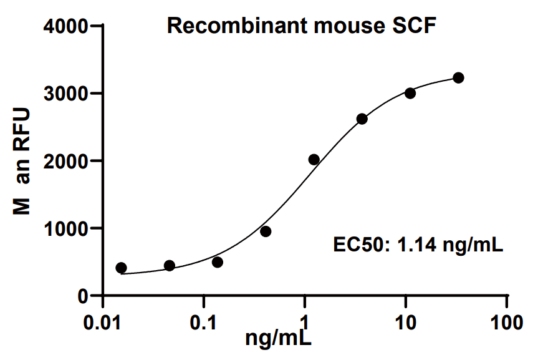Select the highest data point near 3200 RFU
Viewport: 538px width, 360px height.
458,77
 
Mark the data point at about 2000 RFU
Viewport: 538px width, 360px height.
314,160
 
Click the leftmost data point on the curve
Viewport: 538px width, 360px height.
121,268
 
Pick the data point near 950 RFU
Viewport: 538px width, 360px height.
266,231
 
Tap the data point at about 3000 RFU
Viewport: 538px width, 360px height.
410,93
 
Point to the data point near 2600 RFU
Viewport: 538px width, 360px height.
362,119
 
